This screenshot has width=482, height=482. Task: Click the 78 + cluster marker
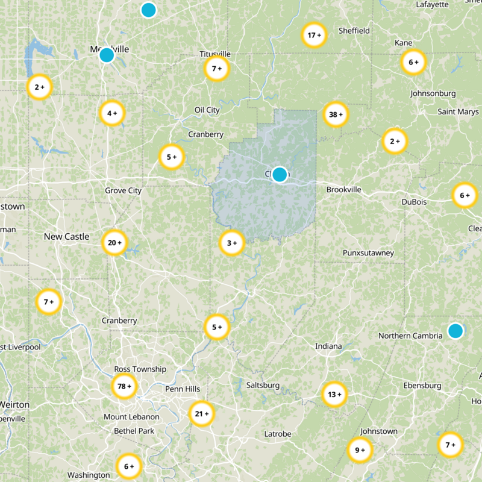point(125,386)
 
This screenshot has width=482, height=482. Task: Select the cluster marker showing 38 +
point(336,114)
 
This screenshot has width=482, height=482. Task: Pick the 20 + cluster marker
point(114,243)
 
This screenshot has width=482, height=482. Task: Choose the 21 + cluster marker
point(202,414)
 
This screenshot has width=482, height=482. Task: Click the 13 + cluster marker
point(334,395)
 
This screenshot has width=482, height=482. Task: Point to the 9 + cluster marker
point(360,450)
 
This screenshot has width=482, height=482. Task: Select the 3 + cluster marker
point(232,243)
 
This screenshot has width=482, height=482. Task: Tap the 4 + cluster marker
point(112,113)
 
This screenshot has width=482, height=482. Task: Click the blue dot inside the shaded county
point(280,175)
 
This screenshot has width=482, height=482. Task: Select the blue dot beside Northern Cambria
point(455,331)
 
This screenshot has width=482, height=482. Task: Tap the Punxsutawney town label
point(368,252)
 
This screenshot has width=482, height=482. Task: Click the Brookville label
point(344,190)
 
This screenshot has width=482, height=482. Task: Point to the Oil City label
point(207,110)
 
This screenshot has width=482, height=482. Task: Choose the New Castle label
point(66,237)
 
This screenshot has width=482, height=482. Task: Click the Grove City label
point(123,191)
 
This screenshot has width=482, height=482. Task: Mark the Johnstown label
point(379,431)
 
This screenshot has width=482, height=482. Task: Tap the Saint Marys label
point(458,112)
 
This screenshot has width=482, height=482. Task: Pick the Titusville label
point(215,54)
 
